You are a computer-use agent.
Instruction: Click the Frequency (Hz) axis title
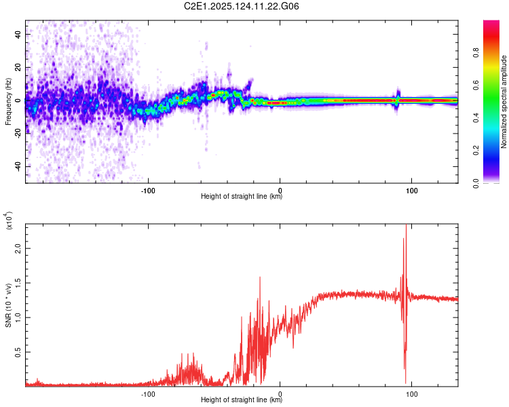click(x=8, y=102)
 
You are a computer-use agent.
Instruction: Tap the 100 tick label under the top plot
click(x=412, y=189)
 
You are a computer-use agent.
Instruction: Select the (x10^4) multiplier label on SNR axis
click(x=9, y=221)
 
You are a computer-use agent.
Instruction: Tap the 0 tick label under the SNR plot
click(x=280, y=393)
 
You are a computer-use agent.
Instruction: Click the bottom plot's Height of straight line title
click(x=242, y=400)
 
